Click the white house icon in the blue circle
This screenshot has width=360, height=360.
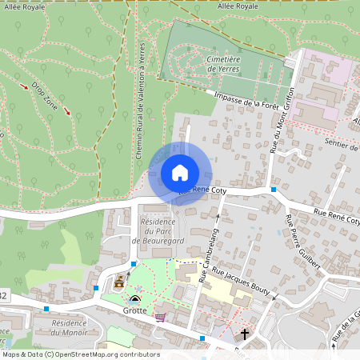click(x=179, y=173)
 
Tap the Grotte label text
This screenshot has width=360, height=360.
click(x=134, y=310)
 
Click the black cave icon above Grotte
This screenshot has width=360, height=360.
click(x=134, y=299)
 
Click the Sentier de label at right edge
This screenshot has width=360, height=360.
click(x=340, y=145)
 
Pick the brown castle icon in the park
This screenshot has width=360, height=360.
click(x=120, y=282)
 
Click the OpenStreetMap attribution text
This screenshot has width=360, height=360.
click(x=80, y=354)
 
